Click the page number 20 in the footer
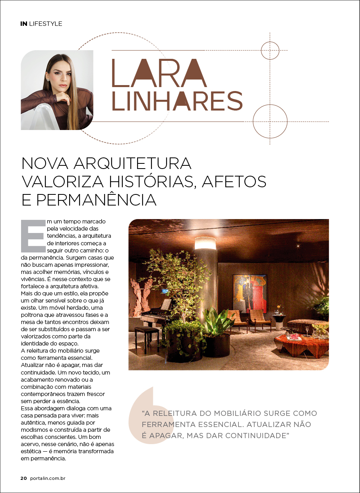click(x=23, y=478)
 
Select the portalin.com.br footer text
click(x=47, y=478)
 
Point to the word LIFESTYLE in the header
click(x=46, y=24)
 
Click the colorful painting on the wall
click(x=250, y=293)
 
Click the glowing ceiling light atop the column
click(x=205, y=243)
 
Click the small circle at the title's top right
click(x=270, y=50)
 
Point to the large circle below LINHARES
click(x=270, y=121)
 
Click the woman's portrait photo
click(x=57, y=90)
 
